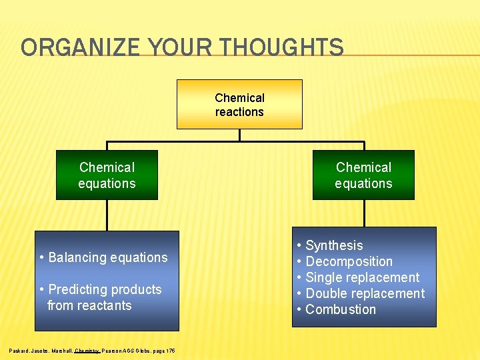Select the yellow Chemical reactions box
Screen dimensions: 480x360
tap(239, 105)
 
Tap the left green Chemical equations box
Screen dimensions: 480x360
tap(107, 175)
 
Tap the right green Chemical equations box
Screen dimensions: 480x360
tap(363, 175)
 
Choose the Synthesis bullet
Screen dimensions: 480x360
tap(334, 246)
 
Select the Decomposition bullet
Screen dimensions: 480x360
tap(349, 262)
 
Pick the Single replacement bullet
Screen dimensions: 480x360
tap(362, 278)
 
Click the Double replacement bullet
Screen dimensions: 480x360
tap(365, 294)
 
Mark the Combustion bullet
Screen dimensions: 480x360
tap(340, 310)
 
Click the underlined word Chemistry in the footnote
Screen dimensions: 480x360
tap(87, 350)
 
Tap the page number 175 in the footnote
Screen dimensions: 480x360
tap(171, 350)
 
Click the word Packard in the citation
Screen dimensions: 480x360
tap(20, 350)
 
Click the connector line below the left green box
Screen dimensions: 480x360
tap(107, 215)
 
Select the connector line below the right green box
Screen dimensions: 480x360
tap(364, 213)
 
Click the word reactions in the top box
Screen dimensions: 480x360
tap(239, 112)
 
